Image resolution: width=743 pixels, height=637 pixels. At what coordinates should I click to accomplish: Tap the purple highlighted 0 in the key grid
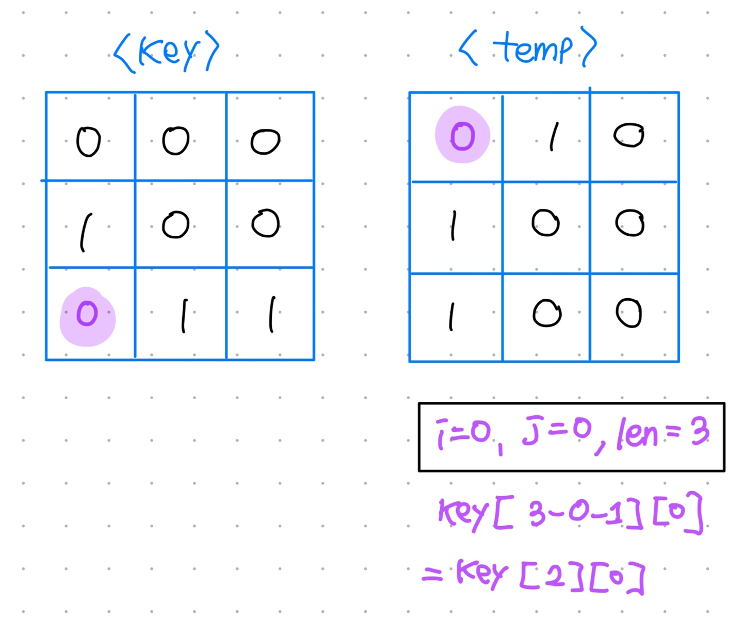87,314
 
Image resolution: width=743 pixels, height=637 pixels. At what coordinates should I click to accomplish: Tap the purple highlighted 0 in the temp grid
462,136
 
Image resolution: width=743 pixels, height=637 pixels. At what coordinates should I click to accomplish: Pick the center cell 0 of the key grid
175,225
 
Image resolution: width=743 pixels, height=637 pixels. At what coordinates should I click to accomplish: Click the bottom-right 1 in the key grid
272,314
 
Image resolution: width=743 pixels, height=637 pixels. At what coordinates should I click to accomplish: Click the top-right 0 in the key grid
265,141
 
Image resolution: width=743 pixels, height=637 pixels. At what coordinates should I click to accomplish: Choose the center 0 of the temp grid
545,223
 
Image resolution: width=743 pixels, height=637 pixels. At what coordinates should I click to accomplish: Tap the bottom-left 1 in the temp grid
452,316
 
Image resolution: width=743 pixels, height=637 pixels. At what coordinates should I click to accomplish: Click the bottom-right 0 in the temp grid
629,313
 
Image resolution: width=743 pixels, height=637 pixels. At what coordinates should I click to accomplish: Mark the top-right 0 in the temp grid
629,135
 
